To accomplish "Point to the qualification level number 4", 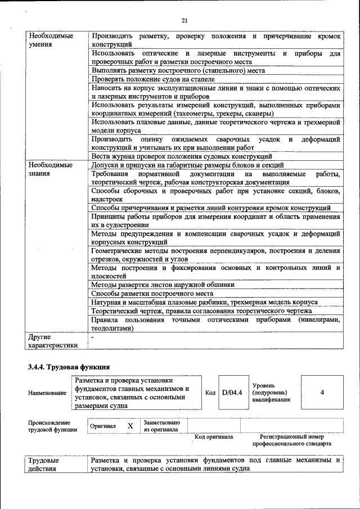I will coord(322,393).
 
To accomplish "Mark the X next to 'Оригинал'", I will coord(130,426).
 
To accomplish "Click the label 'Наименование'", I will coord(47,393).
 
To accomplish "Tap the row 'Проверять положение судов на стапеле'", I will coord(153,79).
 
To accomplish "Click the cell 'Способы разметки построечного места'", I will coord(152,294).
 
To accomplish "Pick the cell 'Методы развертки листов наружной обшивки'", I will coord(163,285).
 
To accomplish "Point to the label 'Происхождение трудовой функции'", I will coord(49,426).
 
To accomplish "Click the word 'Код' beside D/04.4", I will coord(210,393).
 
